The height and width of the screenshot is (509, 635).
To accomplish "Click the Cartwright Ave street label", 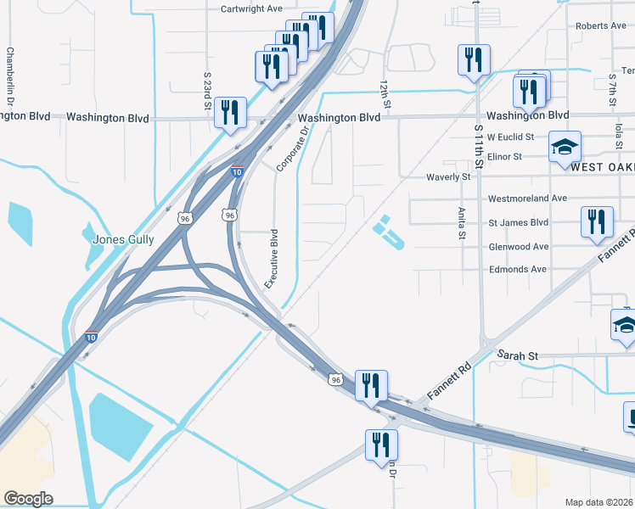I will [250, 8].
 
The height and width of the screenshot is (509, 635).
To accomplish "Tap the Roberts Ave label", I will [600, 26].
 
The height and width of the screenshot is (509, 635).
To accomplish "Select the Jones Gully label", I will [123, 240].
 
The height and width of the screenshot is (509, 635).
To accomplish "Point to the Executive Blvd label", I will [273, 258].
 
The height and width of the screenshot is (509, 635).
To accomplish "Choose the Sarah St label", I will [518, 355].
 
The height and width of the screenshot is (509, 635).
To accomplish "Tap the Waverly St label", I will [447, 176].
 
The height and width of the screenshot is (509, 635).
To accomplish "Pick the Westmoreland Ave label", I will [527, 199].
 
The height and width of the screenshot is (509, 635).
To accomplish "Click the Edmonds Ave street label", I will [518, 269].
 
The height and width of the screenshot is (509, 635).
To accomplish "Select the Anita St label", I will [462, 223].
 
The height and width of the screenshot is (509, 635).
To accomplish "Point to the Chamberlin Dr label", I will [10, 76].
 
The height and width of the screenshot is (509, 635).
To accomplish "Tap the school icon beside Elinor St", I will [565, 148].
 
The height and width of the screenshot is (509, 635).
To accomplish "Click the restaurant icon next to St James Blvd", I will [597, 221].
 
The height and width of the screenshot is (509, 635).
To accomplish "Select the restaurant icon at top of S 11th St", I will [474, 59].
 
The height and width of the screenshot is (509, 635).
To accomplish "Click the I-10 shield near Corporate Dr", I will [237, 171].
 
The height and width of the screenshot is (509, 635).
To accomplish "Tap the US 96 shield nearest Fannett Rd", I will [336, 379].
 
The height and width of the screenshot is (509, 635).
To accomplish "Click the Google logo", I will [28, 498].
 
